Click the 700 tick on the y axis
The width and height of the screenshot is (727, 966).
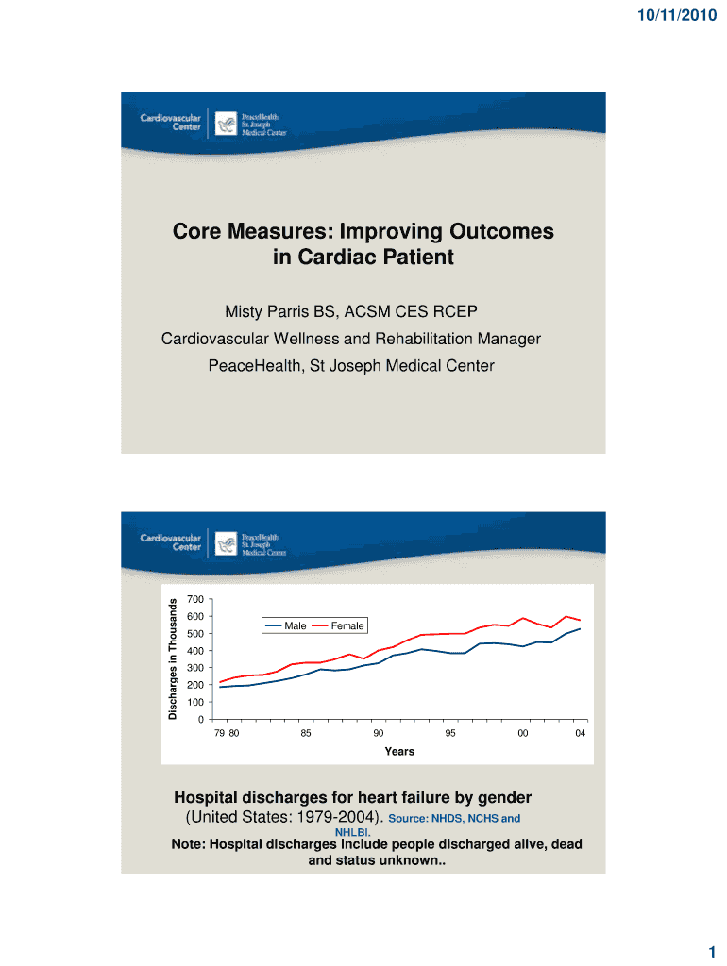click(195, 600)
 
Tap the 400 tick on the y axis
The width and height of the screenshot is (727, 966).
click(195, 652)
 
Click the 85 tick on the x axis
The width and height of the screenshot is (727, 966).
click(306, 734)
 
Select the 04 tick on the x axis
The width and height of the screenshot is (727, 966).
click(580, 734)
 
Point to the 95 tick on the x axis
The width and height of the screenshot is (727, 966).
click(451, 734)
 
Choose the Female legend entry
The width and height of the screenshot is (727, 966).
click(347, 625)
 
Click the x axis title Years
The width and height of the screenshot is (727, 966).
click(398, 752)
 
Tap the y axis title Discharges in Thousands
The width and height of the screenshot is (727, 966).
click(174, 659)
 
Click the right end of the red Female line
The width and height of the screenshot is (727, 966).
click(580, 621)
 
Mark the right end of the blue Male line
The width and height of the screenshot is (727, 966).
click(580, 629)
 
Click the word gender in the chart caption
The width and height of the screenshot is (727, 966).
click(497, 797)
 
